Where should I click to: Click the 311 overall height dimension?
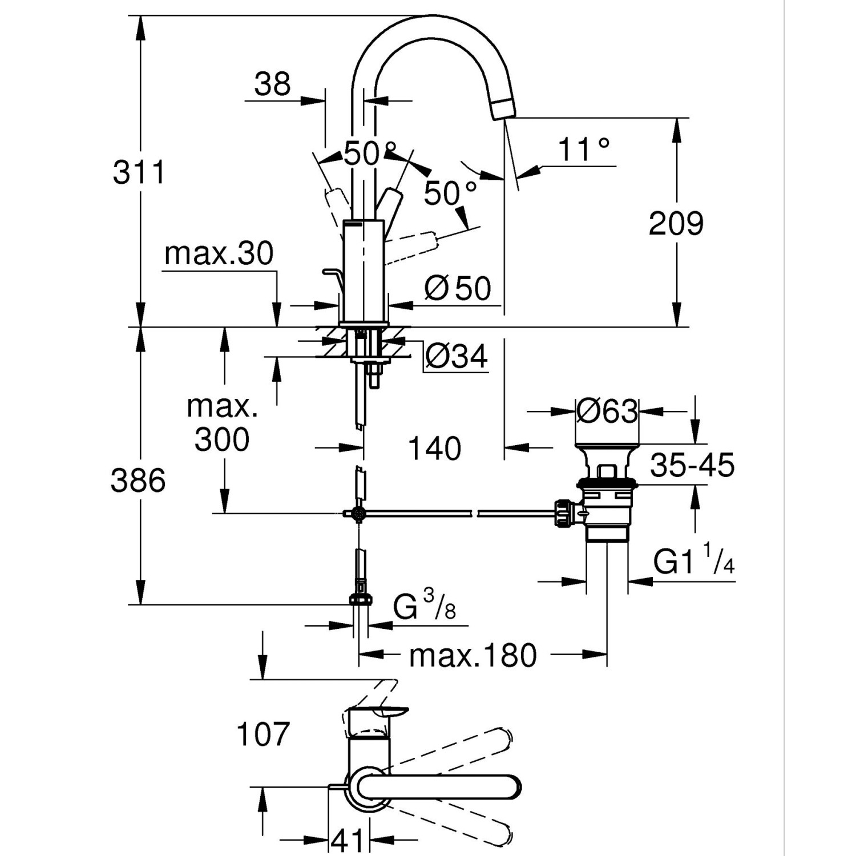(x=139, y=172)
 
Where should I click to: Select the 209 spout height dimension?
(x=676, y=223)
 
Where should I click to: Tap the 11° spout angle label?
(x=583, y=150)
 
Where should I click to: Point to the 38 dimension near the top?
(x=272, y=84)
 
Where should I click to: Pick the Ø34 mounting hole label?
(x=457, y=357)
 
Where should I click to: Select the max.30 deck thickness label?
(x=219, y=253)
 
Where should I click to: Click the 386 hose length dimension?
(x=138, y=481)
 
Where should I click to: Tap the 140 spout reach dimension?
(x=434, y=449)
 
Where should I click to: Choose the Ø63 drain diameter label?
(x=607, y=411)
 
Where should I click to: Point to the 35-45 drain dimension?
(x=692, y=465)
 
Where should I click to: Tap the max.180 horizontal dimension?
(x=473, y=656)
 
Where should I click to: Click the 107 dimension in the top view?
(x=263, y=734)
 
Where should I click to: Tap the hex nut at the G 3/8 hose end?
(x=360, y=599)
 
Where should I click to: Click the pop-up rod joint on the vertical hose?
(x=358, y=514)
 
